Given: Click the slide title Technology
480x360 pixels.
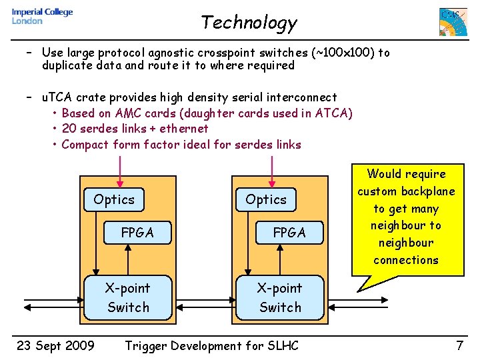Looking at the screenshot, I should point(249,23).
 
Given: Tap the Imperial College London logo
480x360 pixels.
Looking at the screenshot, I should point(42,17).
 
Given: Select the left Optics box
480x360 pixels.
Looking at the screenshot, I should point(114,199).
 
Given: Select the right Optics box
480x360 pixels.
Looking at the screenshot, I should point(266,199).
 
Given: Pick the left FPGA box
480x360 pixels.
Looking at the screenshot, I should point(137,233).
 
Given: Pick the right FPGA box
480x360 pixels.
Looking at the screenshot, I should point(289,233).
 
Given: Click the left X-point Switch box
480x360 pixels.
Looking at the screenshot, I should point(128,297).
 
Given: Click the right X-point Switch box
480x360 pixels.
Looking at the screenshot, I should point(280,297).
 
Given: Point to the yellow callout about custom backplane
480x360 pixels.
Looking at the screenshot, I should point(406,217).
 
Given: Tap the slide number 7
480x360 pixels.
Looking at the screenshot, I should point(459,345).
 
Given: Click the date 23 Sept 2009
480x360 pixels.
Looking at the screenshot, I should point(55,345).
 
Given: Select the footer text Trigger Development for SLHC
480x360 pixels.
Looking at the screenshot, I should point(212,345).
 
